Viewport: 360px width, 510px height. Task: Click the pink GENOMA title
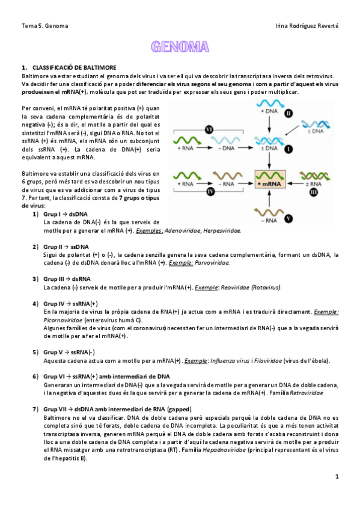pos(180,47)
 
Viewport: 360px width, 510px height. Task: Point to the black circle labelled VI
pos(209,129)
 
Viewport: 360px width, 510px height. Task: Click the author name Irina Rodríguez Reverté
pos(306,26)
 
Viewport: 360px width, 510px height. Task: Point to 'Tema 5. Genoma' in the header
pos(44,26)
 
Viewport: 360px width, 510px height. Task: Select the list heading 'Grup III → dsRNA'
pos(67,279)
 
